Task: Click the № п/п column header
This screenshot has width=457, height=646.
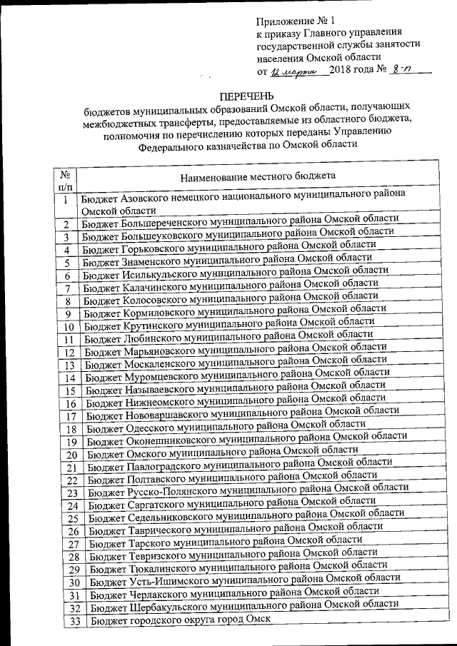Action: click(x=64, y=180)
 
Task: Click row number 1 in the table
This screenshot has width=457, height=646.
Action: click(x=65, y=201)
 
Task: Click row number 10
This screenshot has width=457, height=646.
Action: click(x=69, y=327)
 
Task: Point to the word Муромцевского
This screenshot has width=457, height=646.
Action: click(x=160, y=375)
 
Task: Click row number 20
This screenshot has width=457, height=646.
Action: click(x=71, y=455)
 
